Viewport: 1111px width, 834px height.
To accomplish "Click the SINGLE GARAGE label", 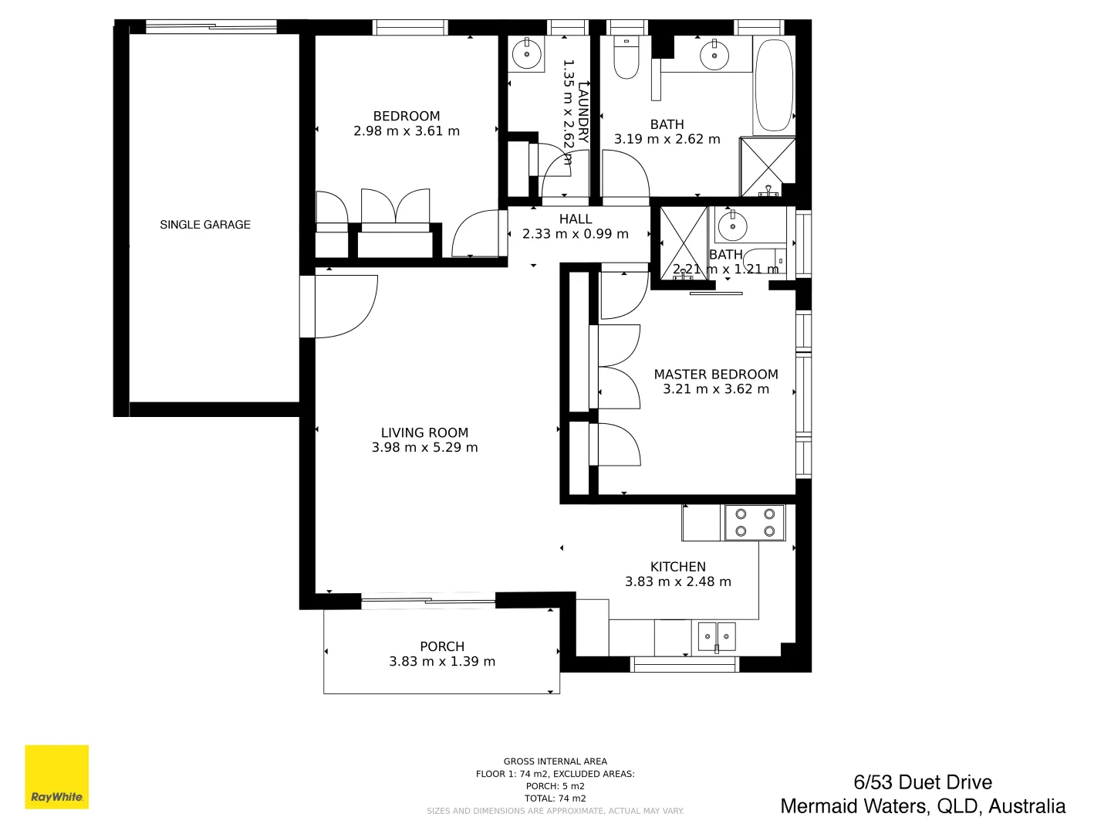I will (205, 225).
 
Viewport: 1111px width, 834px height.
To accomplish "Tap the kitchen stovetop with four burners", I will (755, 523).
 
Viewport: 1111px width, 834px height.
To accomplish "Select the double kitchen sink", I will (717, 637).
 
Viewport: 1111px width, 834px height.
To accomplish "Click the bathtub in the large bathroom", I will (773, 85).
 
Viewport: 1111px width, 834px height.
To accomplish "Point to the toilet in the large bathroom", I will (626, 59).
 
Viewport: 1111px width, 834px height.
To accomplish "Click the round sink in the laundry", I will (527, 54).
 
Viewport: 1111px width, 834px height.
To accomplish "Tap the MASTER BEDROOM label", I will (715, 375).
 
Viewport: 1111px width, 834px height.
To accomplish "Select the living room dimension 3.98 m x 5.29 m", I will (424, 448).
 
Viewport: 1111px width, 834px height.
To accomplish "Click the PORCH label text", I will (442, 646).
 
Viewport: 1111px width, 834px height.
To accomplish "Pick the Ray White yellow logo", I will (57, 777).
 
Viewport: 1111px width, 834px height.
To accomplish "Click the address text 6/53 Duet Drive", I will (922, 782).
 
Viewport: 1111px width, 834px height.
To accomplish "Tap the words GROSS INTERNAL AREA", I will (555, 761).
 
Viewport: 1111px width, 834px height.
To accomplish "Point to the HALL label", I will (576, 219).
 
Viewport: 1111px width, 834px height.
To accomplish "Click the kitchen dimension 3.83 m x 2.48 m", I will (677, 582).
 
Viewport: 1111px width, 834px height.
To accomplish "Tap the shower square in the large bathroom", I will (767, 167).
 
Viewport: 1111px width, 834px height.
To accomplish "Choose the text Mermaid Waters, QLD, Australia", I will (922, 807).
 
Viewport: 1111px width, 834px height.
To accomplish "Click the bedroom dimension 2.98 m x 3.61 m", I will (407, 131).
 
